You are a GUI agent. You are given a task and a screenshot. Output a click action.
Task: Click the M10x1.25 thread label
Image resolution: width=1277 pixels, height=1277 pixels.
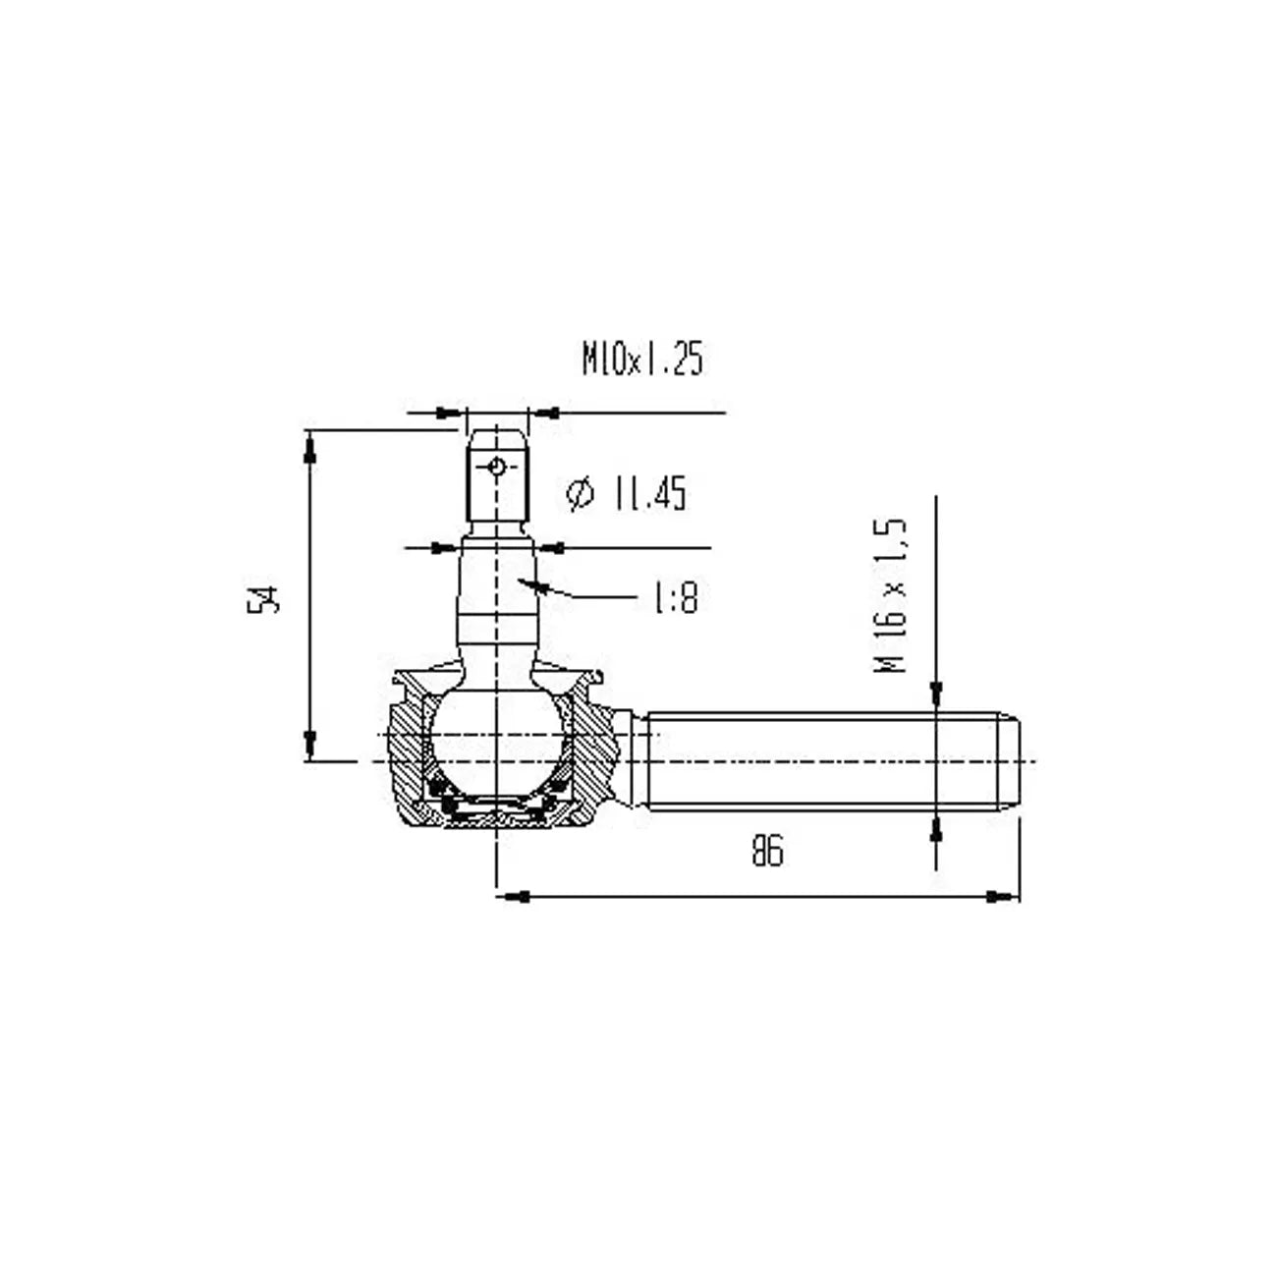(642, 360)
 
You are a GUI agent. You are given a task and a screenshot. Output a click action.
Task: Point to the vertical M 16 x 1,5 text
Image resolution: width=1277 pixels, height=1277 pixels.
(892, 595)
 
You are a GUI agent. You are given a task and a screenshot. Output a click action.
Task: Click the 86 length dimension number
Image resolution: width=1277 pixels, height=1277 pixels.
(767, 851)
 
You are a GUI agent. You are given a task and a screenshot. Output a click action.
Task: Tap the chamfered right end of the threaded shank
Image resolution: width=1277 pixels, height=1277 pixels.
(1012, 761)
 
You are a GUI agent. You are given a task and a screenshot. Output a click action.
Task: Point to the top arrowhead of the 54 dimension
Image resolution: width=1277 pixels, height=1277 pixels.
(310, 447)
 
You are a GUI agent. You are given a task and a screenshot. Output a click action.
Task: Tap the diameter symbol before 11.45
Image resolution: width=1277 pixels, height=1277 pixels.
(581, 493)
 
